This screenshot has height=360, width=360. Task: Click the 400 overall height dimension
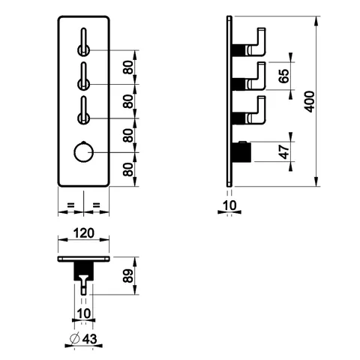[x=310, y=102]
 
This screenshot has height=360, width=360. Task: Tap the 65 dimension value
[x=284, y=76]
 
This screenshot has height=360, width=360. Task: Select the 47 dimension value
[x=284, y=151]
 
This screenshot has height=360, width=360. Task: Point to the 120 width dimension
[x=84, y=233]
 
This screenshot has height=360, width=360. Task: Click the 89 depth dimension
[x=128, y=276]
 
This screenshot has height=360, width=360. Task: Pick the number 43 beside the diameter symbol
[x=89, y=339]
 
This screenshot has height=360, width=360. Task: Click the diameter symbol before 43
[x=75, y=339]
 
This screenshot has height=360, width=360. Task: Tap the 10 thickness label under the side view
[x=229, y=205]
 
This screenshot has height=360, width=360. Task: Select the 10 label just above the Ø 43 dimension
[x=84, y=313]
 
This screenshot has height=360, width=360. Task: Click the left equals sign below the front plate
[x=71, y=205]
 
